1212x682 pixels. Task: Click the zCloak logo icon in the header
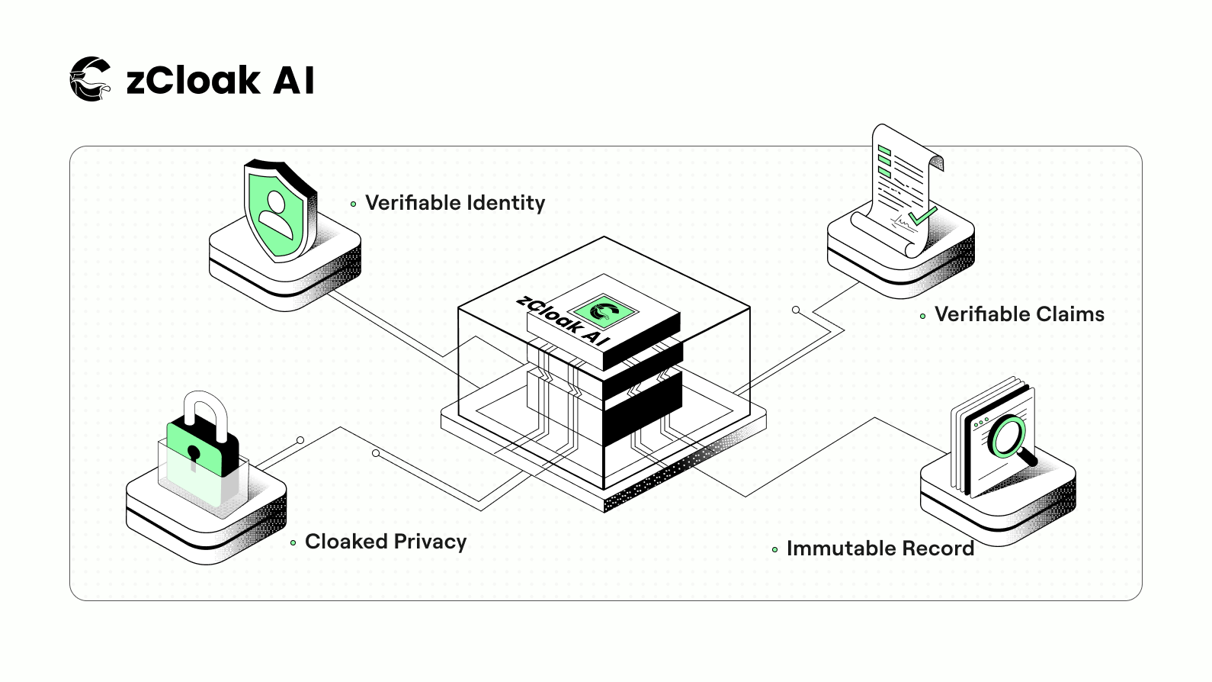91,79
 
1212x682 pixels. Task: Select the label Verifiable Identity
455,203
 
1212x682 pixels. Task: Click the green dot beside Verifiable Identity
353,204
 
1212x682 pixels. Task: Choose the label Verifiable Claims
1019,314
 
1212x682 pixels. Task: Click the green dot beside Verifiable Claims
922,316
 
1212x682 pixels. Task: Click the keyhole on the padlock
194,455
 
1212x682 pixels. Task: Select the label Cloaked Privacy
386,542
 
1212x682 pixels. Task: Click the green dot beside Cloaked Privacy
293,543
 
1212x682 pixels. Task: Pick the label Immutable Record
880,548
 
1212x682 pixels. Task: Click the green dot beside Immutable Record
774,549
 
